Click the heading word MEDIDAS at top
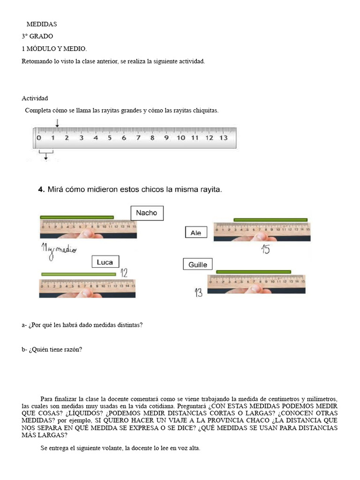(42, 24)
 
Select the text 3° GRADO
(37, 36)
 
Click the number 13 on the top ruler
(223, 138)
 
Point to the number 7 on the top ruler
(138, 138)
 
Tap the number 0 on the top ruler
(38, 138)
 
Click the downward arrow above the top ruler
(57, 123)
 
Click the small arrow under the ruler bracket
(46, 158)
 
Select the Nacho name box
(147, 213)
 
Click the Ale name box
(196, 232)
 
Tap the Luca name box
(105, 262)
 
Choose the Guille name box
(198, 265)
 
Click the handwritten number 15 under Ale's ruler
(265, 249)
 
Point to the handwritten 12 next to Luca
(124, 272)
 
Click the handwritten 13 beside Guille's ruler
(198, 293)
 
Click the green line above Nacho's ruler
(77, 217)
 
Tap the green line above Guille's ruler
(253, 271)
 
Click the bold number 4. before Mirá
(41, 190)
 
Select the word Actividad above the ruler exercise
(35, 98)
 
